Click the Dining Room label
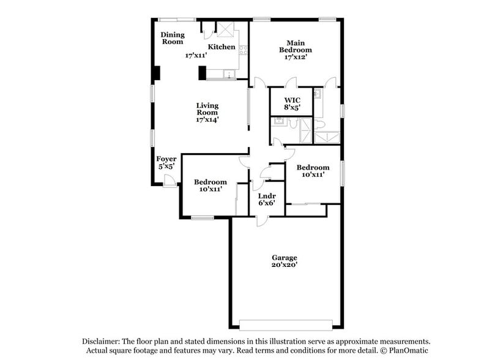(173, 39)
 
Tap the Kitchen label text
(221, 47)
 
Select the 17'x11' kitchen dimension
(196, 55)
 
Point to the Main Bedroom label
(296, 46)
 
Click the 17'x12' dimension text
(296, 57)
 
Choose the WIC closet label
(292, 100)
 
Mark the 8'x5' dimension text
(292, 108)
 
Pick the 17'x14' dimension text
(207, 120)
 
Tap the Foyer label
(166, 159)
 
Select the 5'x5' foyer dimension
(166, 167)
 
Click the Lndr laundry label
(267, 196)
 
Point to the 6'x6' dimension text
(267, 204)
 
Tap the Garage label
(285, 258)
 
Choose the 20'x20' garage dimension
(285, 266)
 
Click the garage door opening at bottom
(286, 324)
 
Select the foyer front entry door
(170, 181)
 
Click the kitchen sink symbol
(229, 75)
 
